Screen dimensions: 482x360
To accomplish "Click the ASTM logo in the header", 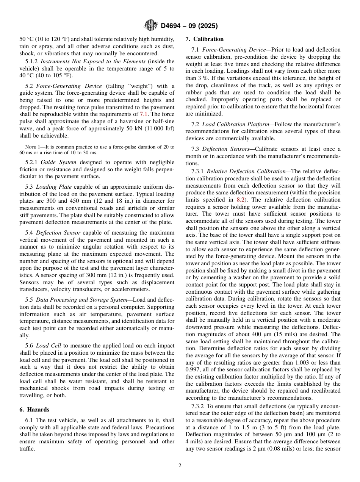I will click(x=151, y=26).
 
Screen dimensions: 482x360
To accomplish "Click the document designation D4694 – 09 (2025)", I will click(x=189, y=26).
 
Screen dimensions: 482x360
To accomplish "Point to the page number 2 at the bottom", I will click(x=180, y=466).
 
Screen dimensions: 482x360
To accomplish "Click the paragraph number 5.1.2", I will click(x=31, y=61).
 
